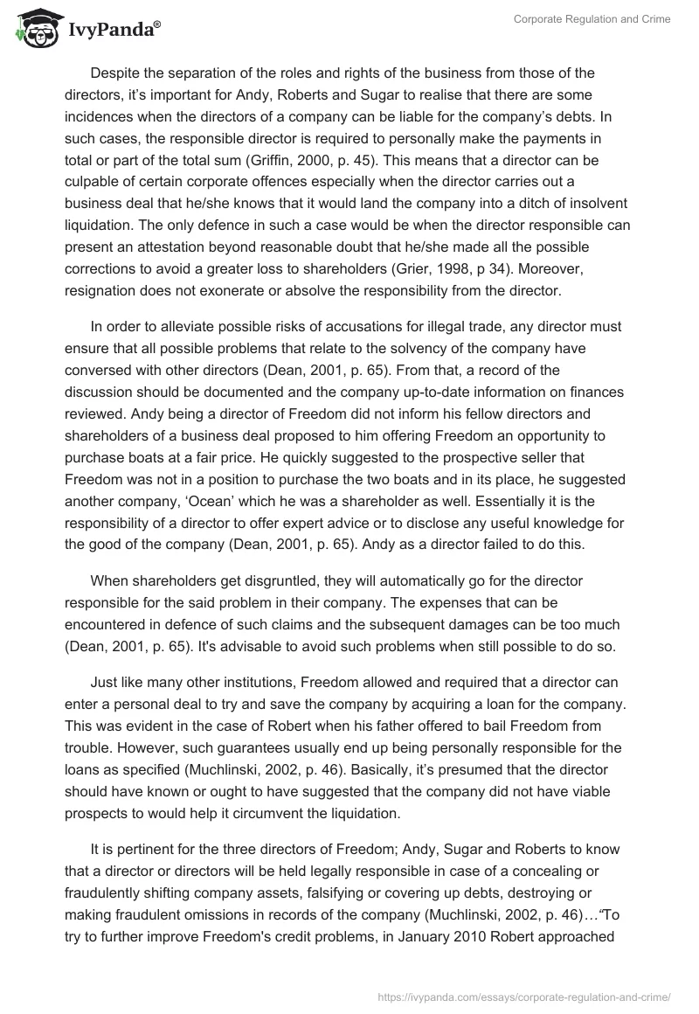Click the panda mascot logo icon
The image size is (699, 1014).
[33, 28]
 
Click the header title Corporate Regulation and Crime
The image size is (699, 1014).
[591, 19]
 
